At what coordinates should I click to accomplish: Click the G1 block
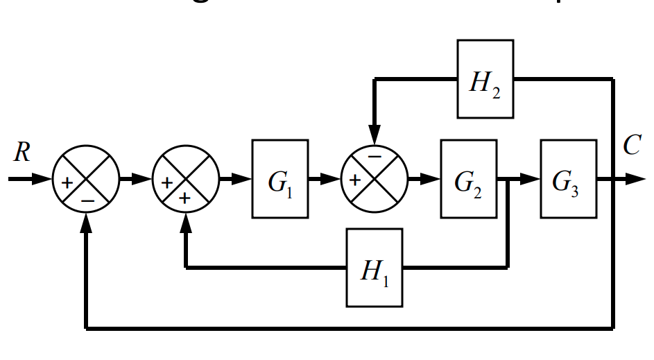(280, 179)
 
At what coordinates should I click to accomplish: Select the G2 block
(468, 179)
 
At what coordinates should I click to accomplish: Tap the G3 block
(568, 179)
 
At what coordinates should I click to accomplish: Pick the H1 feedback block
(375, 267)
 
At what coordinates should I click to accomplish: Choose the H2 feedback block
(485, 79)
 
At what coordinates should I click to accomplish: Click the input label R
(22, 153)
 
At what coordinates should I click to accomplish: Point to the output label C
(631, 146)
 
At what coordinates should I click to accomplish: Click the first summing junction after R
(86, 179)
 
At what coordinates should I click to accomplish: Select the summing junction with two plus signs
(186, 179)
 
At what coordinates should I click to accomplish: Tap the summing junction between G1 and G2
(375, 179)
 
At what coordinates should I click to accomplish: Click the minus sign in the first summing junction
(87, 199)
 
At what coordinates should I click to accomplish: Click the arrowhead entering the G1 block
(242, 179)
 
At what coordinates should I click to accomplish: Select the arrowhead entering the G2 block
(431, 179)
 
